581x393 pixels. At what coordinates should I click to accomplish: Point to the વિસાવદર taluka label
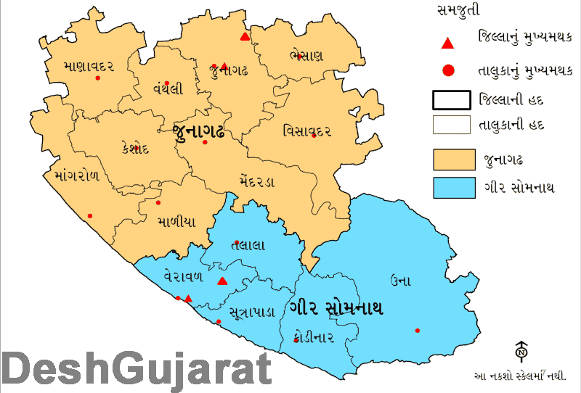pos(307,131)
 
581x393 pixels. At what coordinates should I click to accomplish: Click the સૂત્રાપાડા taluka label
pos(251,313)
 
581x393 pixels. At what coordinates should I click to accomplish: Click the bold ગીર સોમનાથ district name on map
pos(336,307)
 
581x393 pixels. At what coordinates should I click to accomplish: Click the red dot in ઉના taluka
pos(417,331)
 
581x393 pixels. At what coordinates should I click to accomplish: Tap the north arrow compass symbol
pos(521,351)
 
